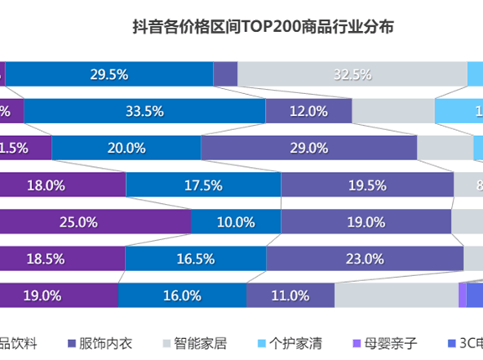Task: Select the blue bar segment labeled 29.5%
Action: (109, 75)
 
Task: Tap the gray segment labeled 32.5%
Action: (352, 75)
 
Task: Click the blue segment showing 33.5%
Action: (144, 111)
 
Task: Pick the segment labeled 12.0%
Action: (309, 111)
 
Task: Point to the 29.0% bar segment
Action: (309, 148)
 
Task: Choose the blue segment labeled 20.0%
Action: (127, 148)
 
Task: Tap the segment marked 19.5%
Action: (366, 185)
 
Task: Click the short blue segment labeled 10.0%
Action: (235, 222)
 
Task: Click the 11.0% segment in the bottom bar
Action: (290, 295)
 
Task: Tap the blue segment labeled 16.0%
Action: (182, 295)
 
